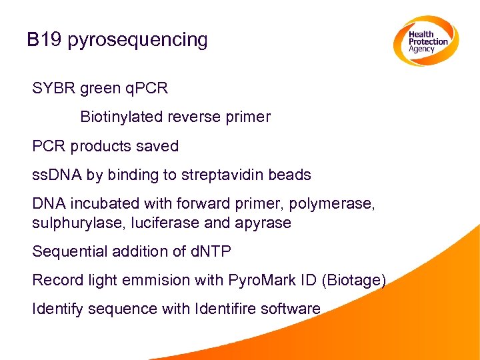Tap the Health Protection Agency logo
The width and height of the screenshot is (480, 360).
pos(423,41)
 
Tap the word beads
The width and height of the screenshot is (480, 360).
pos(289,175)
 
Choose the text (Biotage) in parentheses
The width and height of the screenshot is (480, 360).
pos(353,281)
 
